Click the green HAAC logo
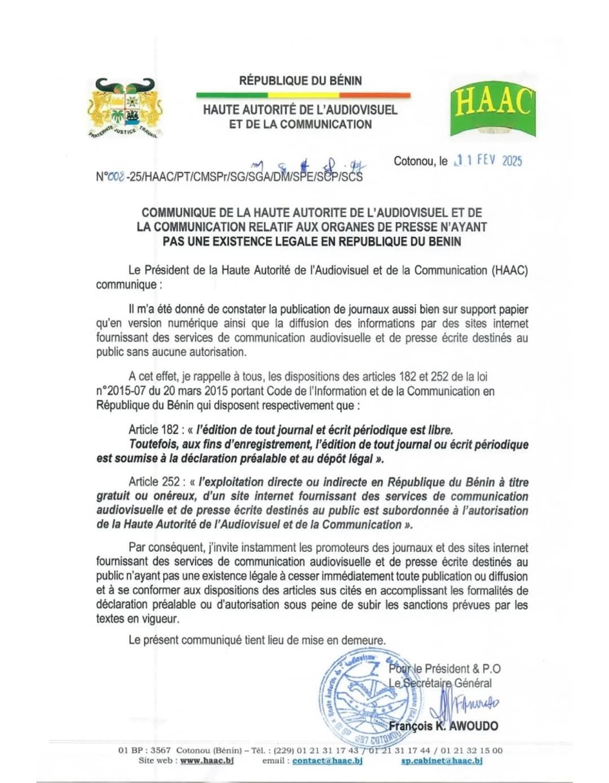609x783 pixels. click(492, 107)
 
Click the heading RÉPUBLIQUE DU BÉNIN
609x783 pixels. click(301, 81)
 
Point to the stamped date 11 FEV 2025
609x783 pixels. click(489, 160)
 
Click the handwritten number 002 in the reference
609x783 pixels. click(116, 176)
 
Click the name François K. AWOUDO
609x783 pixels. click(443, 726)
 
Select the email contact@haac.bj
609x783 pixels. click(327, 760)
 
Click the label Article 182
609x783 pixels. click(151, 430)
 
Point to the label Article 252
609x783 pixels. click(151, 482)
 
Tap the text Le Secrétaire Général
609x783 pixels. click(440, 683)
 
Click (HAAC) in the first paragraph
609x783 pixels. click(510, 270)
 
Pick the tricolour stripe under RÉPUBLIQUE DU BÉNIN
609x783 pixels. click(303, 95)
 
